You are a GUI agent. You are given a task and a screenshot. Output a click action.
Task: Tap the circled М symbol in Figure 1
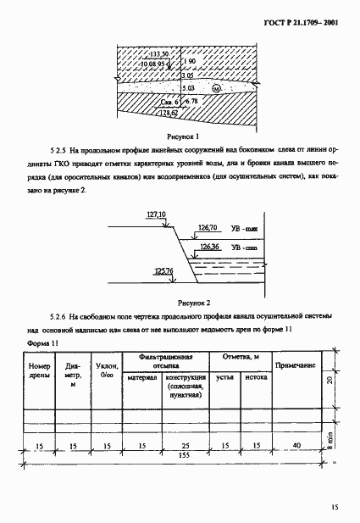pos(216,88)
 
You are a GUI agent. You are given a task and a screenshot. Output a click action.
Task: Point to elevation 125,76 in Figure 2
pos(164,271)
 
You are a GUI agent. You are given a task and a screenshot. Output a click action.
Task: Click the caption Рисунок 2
pos(191,300)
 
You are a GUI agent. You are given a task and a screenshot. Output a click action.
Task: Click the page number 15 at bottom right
pos(335,507)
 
